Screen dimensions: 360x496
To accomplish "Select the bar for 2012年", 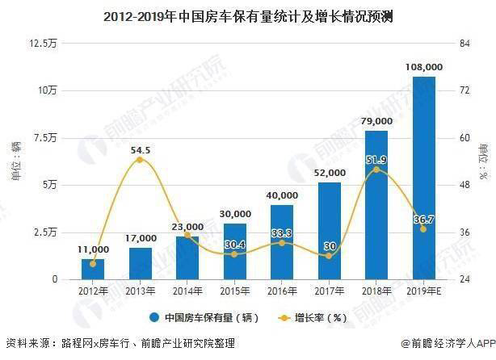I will [93, 270].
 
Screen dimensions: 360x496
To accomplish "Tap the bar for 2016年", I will [282, 242].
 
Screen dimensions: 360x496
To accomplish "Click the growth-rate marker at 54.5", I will [140, 160].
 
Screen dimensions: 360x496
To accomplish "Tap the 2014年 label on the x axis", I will [187, 290].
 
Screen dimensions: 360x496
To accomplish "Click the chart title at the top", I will [248, 13].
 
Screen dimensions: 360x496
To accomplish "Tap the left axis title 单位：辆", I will [15, 161].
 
